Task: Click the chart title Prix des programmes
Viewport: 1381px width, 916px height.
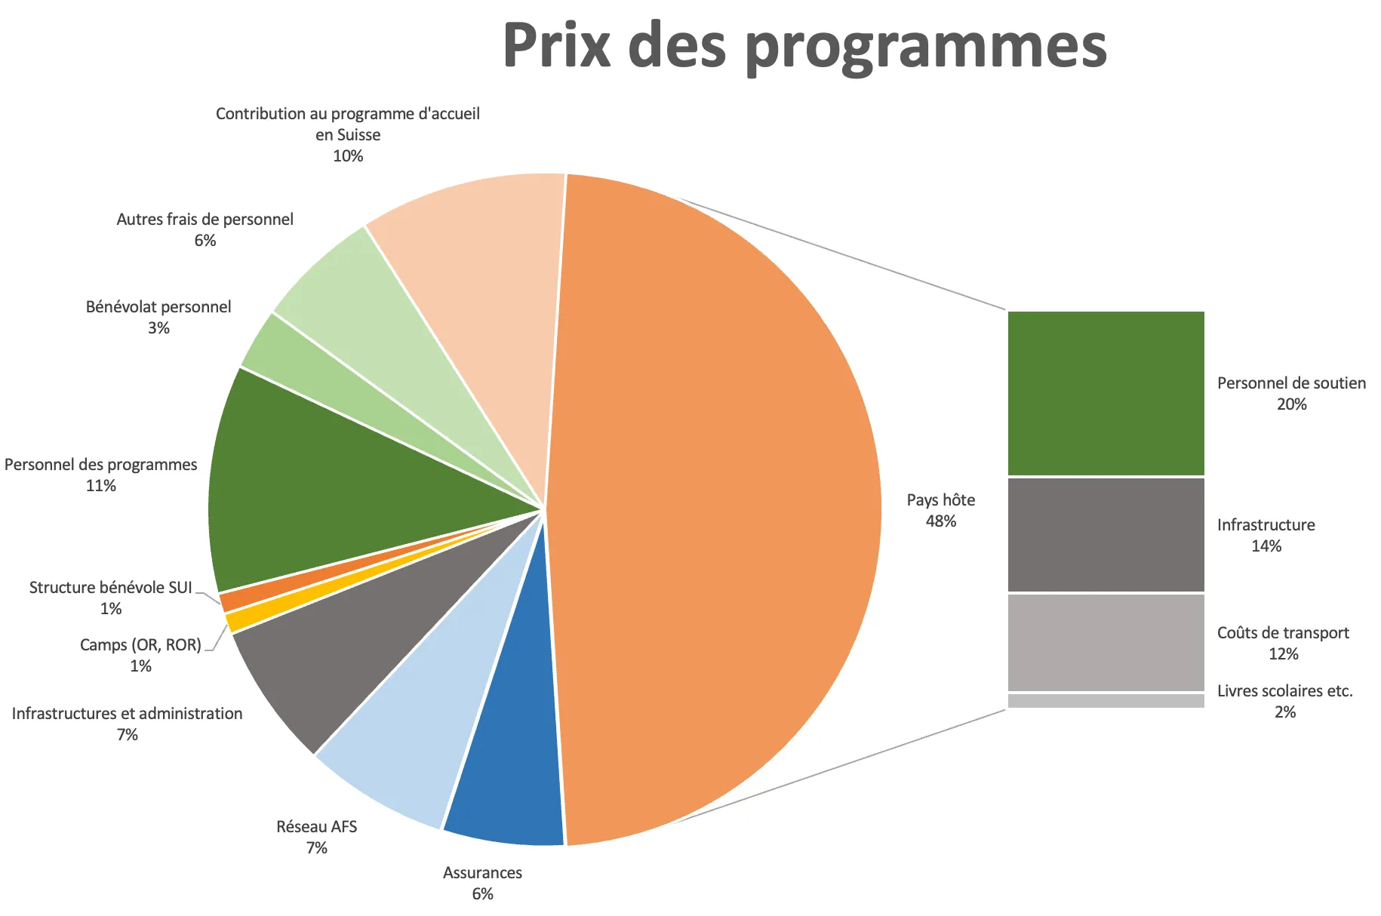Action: point(804,47)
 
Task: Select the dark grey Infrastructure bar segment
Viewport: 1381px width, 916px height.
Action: point(1106,534)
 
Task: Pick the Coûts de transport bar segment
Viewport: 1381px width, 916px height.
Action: point(1106,642)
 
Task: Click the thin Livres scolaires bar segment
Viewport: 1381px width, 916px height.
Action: point(1106,701)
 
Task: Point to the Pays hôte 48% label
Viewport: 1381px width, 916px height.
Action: point(940,510)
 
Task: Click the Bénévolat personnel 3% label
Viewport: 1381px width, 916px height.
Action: point(158,317)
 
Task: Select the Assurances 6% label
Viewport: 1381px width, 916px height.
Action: point(482,883)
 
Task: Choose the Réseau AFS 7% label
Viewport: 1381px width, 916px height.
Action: point(316,837)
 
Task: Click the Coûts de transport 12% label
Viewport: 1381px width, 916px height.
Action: point(1283,643)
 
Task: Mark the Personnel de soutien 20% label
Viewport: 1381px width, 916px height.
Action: point(1291,393)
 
